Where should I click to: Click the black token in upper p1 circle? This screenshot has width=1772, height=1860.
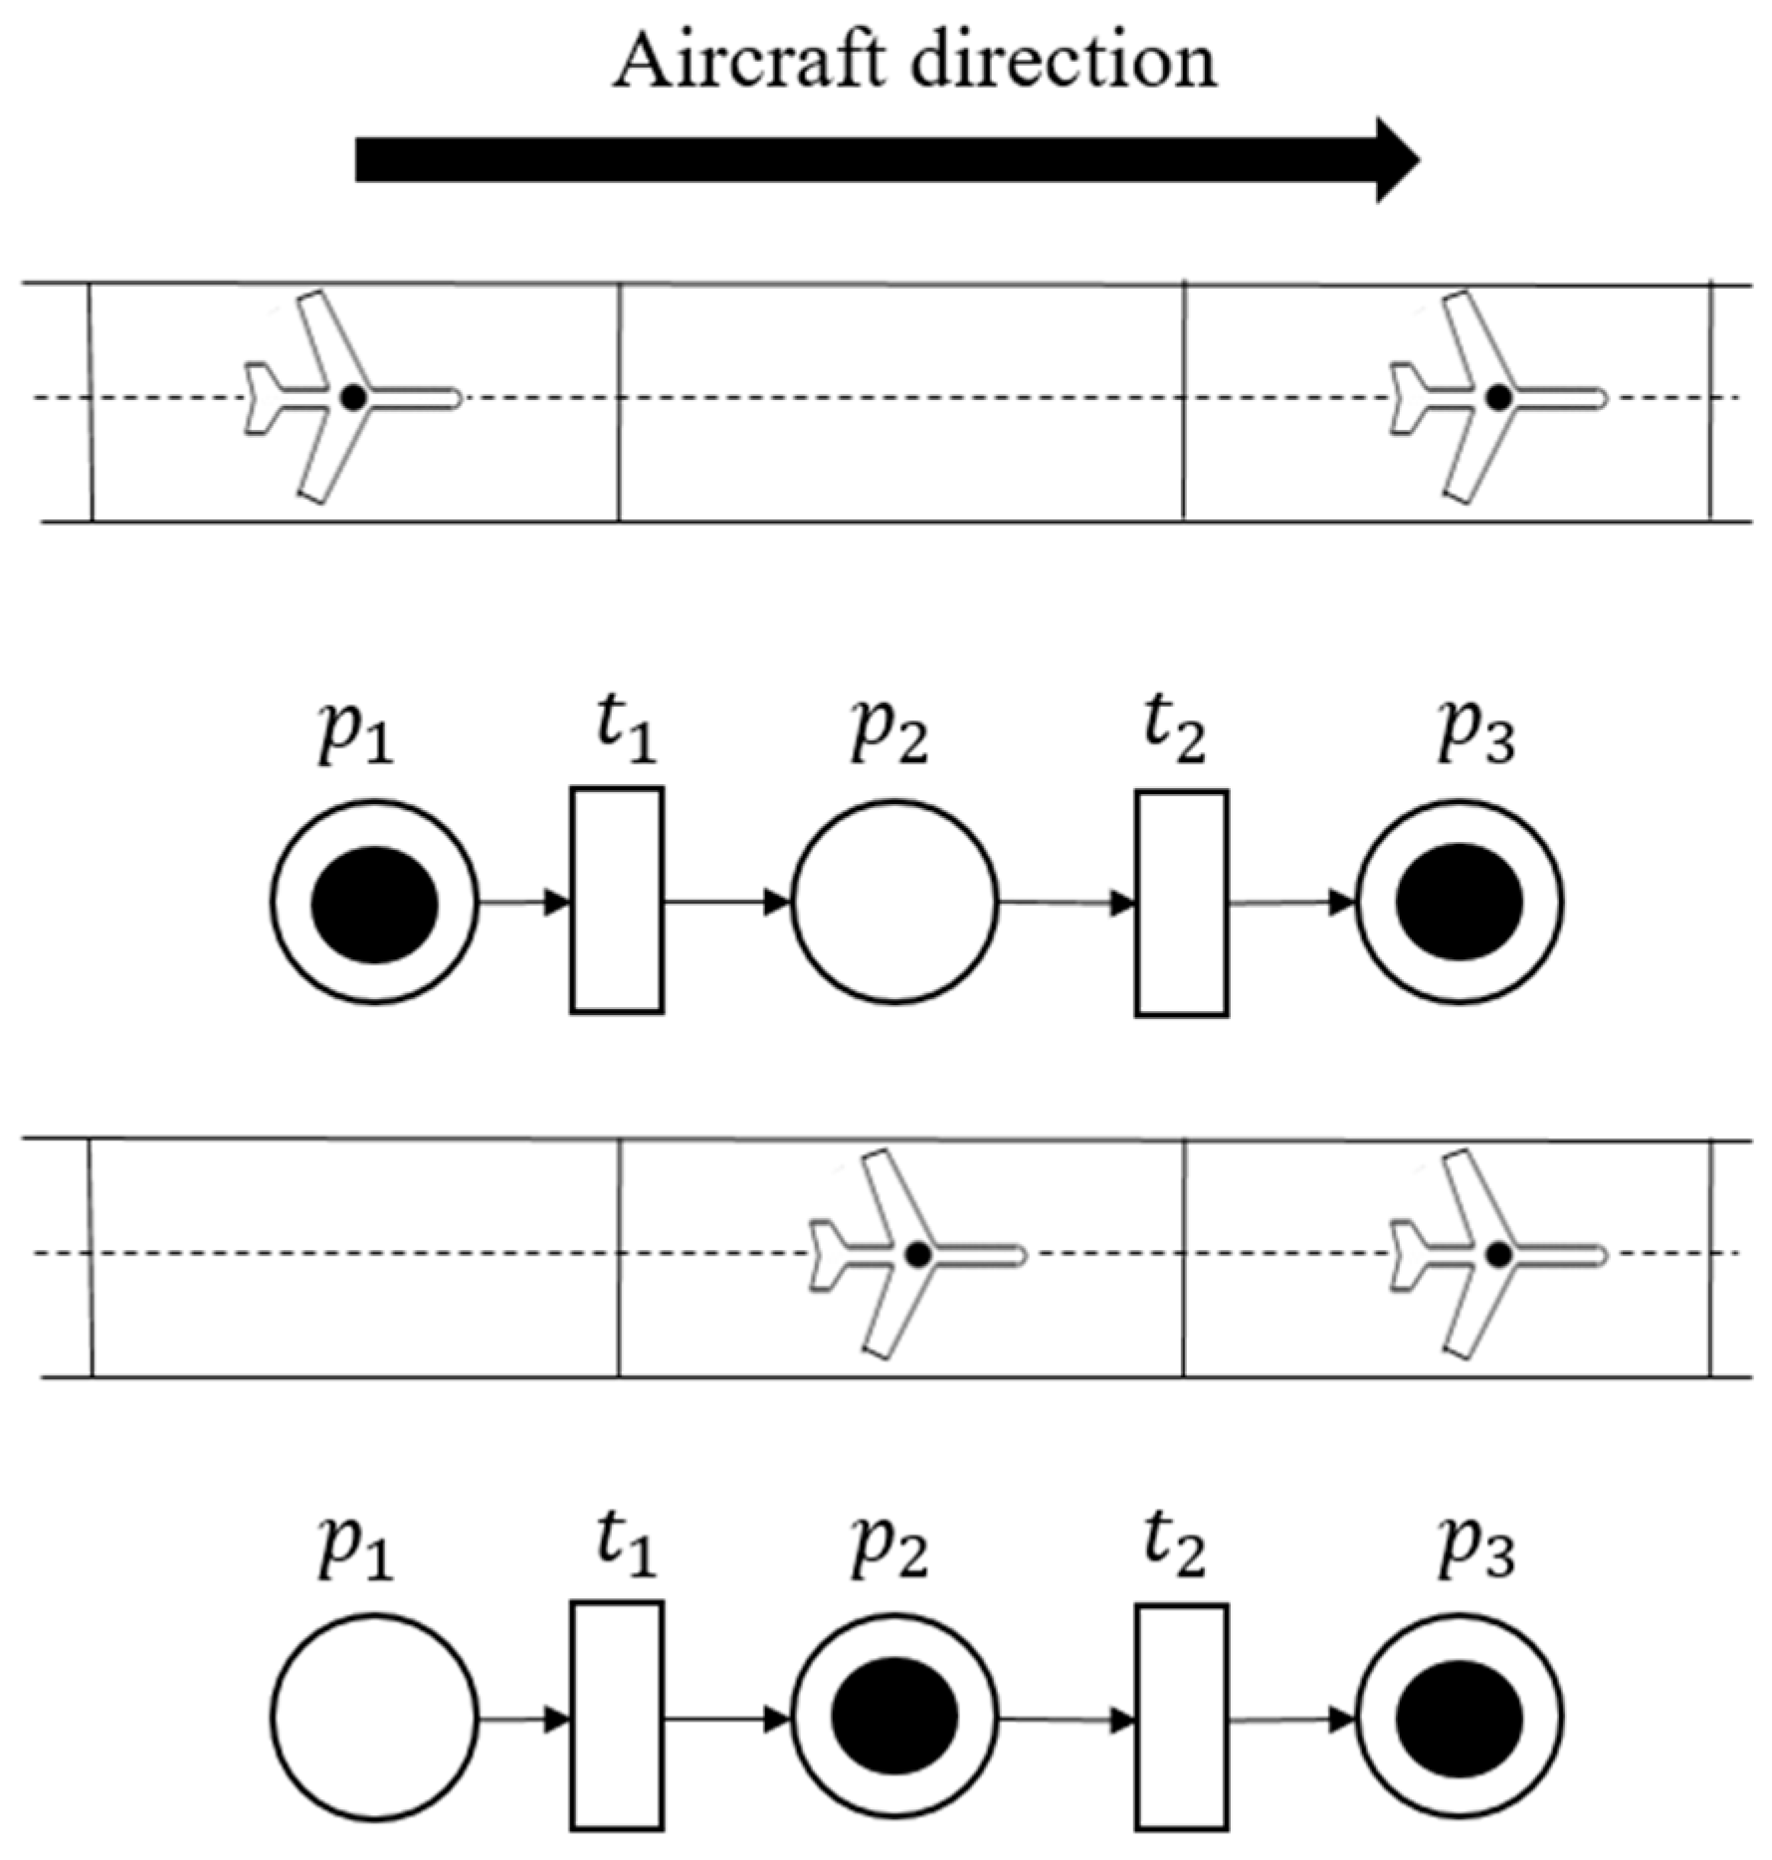pos(374,904)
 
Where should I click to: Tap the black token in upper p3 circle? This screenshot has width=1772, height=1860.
pos(1460,902)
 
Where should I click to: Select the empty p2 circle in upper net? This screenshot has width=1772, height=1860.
pos(894,902)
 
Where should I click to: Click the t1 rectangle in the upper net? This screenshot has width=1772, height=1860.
pos(617,901)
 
